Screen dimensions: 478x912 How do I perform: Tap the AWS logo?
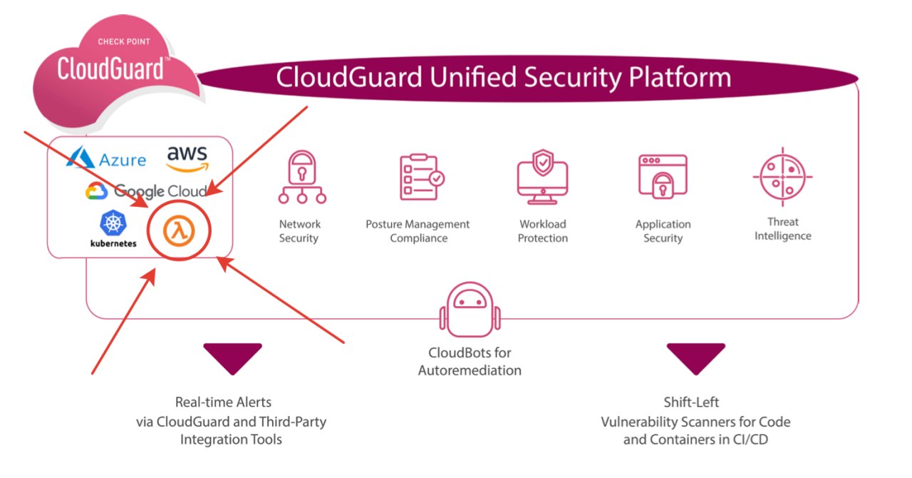[187, 158]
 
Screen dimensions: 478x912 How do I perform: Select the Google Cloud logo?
[146, 190]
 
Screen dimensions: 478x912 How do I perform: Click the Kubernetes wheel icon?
[113, 223]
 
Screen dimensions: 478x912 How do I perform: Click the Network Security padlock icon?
[301, 176]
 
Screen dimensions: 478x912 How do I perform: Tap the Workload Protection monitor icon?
[542, 176]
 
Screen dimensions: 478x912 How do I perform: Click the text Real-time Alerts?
[223, 402]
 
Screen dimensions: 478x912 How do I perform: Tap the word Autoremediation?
[470, 370]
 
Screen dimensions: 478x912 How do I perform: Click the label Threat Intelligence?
[782, 229]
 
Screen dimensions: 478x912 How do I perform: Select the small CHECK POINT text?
[123, 41]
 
